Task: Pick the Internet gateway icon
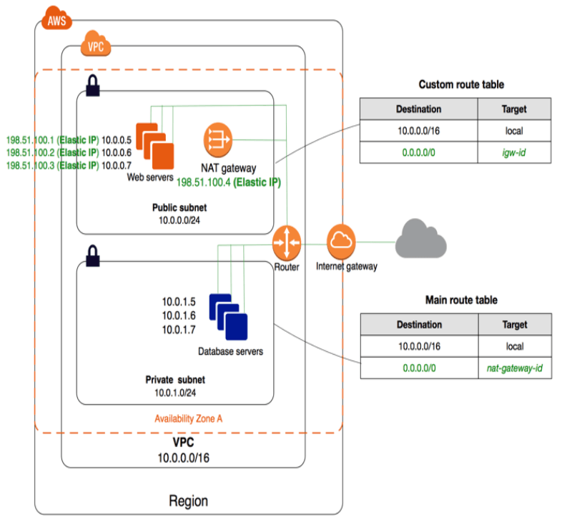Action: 341,242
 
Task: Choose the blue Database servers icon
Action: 228,317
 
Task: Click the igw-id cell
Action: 514,152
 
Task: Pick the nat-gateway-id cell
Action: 514,368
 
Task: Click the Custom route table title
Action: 461,84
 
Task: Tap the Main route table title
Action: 461,300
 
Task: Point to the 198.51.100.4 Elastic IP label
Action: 228,182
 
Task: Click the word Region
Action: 188,500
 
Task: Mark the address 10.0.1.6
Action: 177,315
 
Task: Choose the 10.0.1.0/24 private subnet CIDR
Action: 175,393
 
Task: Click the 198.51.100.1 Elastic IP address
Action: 29,140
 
